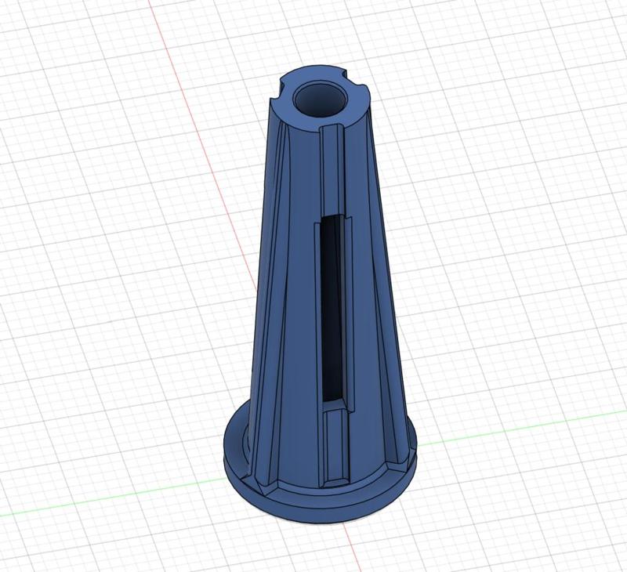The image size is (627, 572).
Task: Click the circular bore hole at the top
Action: (320, 100)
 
